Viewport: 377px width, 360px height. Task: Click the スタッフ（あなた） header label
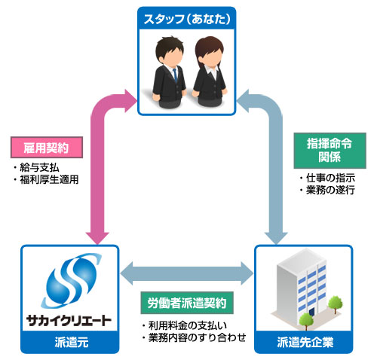(188, 17)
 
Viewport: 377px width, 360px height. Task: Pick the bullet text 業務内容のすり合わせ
(188, 338)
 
